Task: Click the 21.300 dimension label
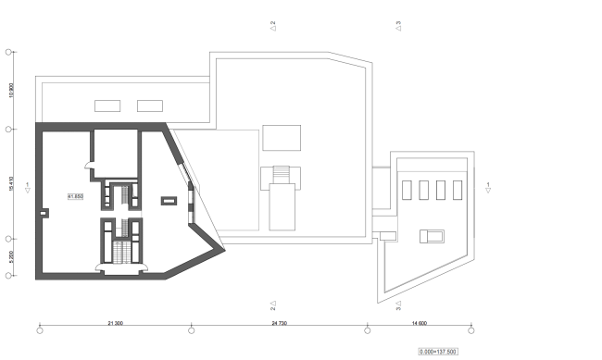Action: point(116,323)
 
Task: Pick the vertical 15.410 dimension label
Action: point(10,182)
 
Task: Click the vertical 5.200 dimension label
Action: point(10,256)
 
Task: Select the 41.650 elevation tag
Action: point(76,197)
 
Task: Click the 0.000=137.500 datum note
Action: point(437,352)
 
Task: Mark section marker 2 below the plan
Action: point(273,304)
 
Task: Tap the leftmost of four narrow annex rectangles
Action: point(408,190)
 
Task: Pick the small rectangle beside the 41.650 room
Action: point(169,199)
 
